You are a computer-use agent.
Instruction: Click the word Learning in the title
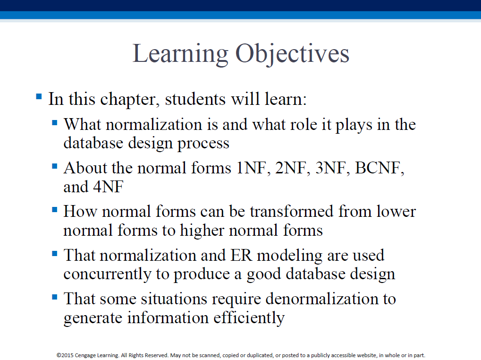180,54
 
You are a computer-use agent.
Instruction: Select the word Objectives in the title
292,54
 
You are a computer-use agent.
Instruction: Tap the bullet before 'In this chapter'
39,97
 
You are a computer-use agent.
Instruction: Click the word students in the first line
195,99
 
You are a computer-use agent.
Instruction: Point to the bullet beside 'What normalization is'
55,123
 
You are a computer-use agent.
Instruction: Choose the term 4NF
108,187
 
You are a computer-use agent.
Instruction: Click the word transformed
291,212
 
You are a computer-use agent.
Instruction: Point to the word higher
202,231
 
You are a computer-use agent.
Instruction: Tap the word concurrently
107,274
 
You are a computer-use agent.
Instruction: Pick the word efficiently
249,318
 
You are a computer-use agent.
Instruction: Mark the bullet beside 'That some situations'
55,297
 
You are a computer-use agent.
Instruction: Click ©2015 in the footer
65,355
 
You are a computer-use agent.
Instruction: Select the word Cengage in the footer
85,355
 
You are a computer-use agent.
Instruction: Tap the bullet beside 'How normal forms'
55,210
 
